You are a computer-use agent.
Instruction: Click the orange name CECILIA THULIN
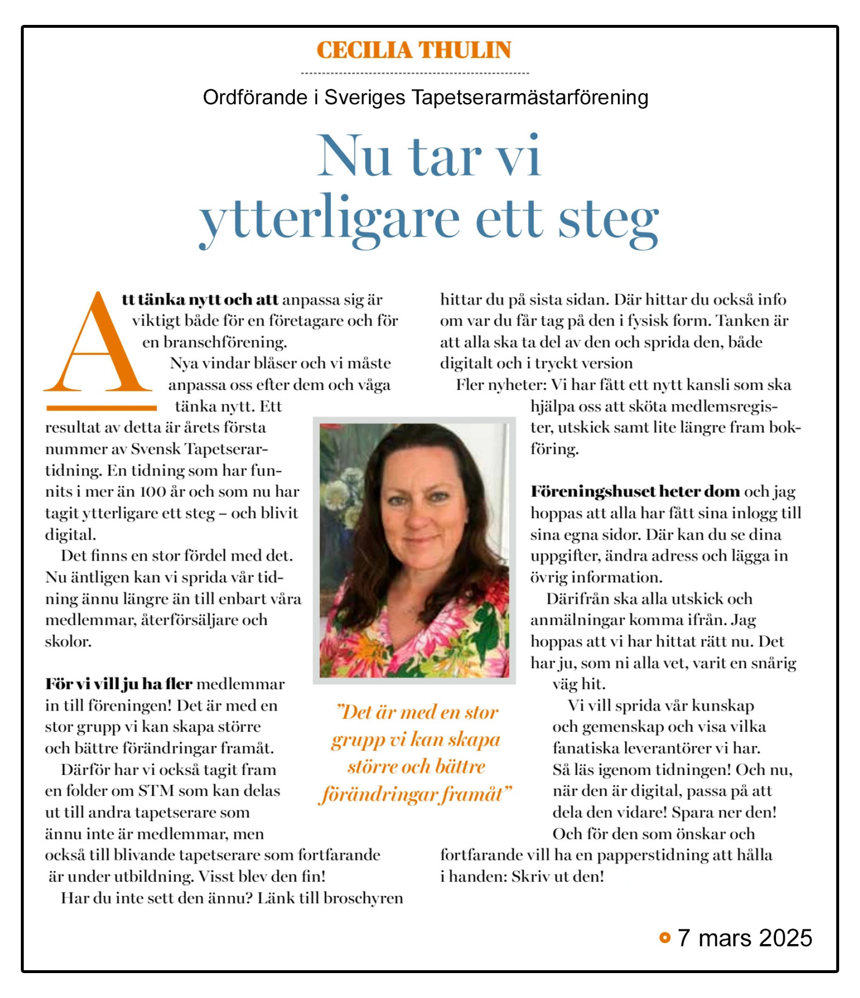tap(413, 50)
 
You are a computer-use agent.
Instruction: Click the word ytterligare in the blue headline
tap(329, 221)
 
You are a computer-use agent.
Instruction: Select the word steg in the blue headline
tap(608, 221)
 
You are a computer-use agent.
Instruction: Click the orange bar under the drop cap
tap(101, 408)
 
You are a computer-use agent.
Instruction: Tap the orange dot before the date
tap(664, 937)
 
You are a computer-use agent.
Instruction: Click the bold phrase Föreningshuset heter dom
tap(635, 492)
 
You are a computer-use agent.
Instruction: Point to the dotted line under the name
tap(415, 74)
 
